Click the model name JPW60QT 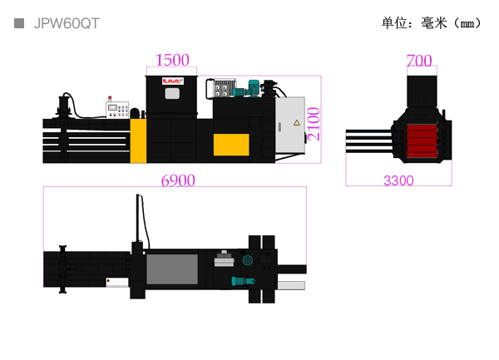pos(67,23)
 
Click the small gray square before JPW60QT pos(19,23)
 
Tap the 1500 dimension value pos(173,60)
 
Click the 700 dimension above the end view pos(419,60)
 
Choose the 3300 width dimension pos(398,180)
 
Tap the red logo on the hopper pos(171,81)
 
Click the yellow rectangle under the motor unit pos(231,144)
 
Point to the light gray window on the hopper pos(172,93)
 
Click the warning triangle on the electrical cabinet pos(294,122)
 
